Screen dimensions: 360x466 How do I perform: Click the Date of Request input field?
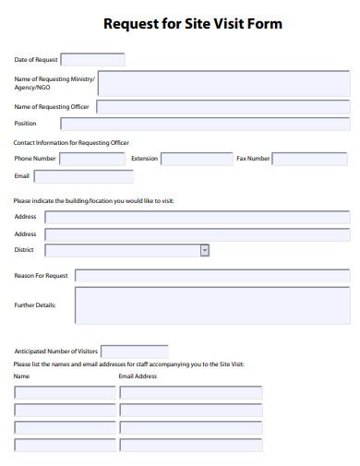coord(92,59)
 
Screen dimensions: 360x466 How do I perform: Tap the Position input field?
coord(205,124)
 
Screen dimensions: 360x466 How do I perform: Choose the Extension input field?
coord(198,159)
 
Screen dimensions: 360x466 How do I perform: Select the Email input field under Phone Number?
coord(84,175)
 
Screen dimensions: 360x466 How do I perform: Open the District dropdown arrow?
coord(204,250)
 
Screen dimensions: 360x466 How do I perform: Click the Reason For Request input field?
coord(211,275)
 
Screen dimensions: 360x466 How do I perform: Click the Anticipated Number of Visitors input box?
coord(134,352)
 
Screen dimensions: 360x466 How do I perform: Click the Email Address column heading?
coord(138,376)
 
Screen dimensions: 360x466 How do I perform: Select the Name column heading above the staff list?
coord(22,376)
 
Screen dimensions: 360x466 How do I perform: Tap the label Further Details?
coord(35,305)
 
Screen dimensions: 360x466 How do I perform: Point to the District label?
coord(25,250)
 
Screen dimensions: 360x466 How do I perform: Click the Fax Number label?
coord(253,159)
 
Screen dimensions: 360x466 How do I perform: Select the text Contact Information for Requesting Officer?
coord(71,142)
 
